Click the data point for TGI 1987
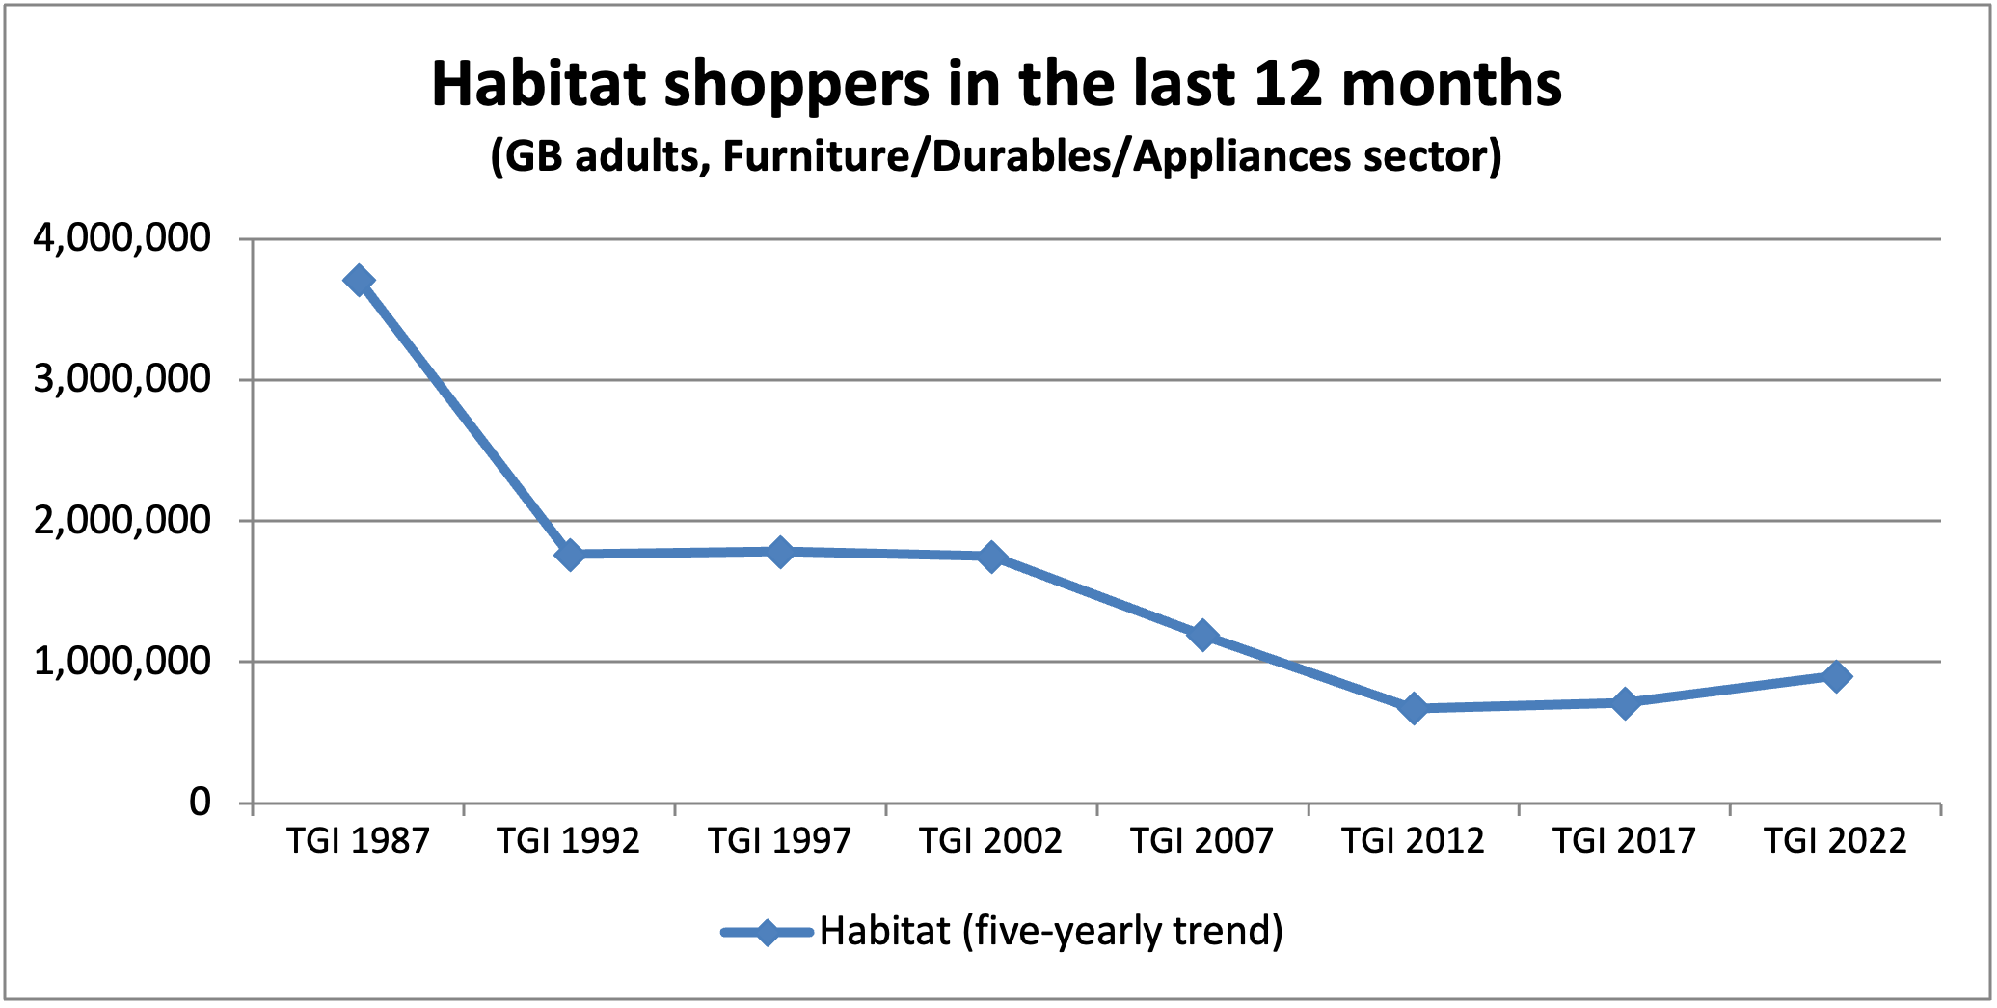tap(359, 281)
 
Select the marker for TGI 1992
tap(569, 555)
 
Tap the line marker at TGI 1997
tap(780, 552)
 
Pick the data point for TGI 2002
tap(991, 557)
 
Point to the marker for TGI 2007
tap(1202, 635)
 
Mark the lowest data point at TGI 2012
tap(1414, 709)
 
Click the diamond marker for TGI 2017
tap(1625, 702)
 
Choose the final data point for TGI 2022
tap(1836, 675)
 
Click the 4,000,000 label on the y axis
tap(121, 237)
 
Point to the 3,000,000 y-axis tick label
tap(121, 379)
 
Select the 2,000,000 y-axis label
tap(121, 520)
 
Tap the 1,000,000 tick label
tap(121, 661)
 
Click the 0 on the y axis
tap(200, 802)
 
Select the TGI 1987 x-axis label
tap(358, 841)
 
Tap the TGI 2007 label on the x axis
tap(1201, 841)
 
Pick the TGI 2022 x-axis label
tap(1835, 841)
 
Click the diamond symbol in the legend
tap(767, 933)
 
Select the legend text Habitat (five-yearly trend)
tap(1051, 932)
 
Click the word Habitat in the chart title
tap(538, 85)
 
